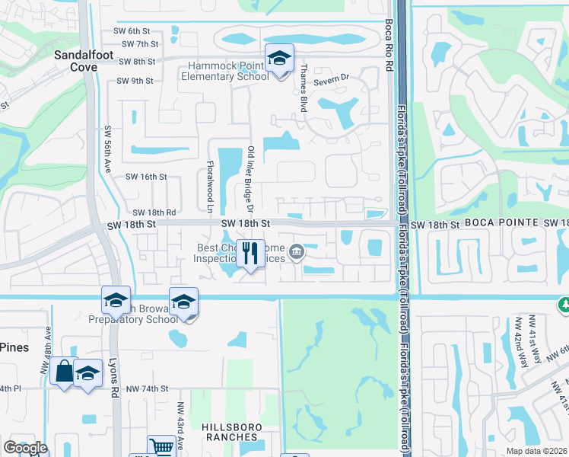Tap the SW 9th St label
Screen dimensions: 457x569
[x=135, y=80]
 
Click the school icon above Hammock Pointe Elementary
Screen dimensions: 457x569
[x=279, y=59]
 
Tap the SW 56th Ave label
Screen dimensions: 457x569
[x=108, y=149]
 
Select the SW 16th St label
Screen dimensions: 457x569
[x=145, y=177]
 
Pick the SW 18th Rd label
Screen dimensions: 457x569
[x=154, y=213]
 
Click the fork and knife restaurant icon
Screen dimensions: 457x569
[x=250, y=254]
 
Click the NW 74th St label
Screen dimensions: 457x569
[x=147, y=388]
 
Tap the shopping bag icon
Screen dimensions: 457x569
[x=65, y=371]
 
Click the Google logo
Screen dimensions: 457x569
[x=25, y=448]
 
